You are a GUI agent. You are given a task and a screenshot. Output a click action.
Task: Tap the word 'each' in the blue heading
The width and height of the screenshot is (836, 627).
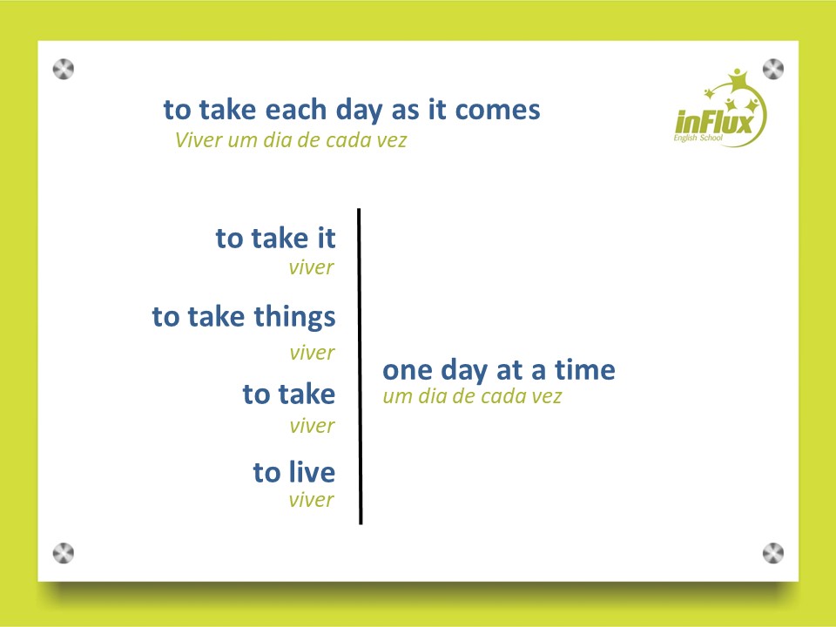pyautogui.click(x=296, y=110)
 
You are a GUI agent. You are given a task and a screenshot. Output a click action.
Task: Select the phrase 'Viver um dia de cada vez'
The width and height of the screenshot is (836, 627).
pyautogui.click(x=291, y=140)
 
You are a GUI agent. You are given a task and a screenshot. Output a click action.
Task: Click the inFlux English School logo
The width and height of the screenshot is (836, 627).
pyautogui.click(x=720, y=108)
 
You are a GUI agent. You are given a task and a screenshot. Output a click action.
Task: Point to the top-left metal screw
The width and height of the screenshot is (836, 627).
pyautogui.click(x=64, y=70)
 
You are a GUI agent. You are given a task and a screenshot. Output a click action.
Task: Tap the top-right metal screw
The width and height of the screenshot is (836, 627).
pyautogui.click(x=773, y=70)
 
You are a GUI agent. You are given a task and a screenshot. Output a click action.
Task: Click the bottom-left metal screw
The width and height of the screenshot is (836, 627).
pyautogui.click(x=64, y=554)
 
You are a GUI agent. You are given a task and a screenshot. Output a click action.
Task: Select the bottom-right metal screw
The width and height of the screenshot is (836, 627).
pyautogui.click(x=773, y=554)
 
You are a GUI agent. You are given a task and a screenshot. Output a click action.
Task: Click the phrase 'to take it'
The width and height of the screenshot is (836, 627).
pyautogui.click(x=276, y=238)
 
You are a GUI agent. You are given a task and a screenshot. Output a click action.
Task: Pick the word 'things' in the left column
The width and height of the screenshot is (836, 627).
pyautogui.click(x=294, y=318)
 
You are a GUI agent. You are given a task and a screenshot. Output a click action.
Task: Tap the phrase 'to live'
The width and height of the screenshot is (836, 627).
pyautogui.click(x=294, y=472)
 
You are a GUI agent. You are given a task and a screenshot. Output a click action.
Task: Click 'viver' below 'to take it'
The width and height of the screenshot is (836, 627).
pyautogui.click(x=312, y=267)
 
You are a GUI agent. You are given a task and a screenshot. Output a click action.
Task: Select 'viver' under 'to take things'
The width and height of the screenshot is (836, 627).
pyautogui.click(x=312, y=353)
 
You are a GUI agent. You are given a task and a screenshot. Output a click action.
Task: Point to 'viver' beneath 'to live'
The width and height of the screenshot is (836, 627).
pyautogui.click(x=312, y=500)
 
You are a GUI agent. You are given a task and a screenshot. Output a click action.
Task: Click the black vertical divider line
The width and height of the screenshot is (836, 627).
pyautogui.click(x=360, y=367)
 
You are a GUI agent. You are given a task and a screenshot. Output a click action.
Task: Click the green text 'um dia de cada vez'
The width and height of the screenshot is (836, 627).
pyautogui.click(x=472, y=397)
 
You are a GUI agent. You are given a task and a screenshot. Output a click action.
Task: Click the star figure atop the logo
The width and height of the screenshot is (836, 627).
pyautogui.click(x=738, y=79)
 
